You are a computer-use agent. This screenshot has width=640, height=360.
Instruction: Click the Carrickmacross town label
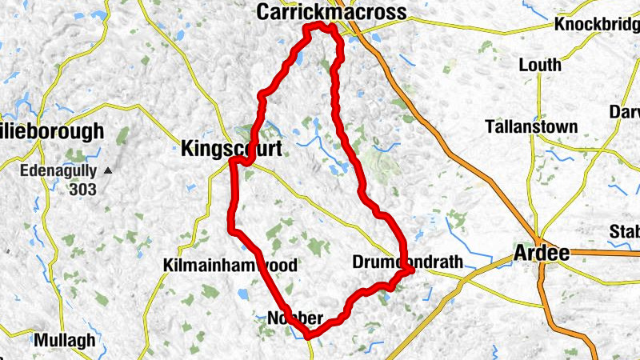(331, 11)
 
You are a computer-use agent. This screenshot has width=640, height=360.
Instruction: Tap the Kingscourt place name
(231, 148)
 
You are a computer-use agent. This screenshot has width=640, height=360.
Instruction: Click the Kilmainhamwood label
(230, 266)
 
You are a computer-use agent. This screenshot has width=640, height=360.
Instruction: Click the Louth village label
(540, 64)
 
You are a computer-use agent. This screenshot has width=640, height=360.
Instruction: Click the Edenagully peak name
(58, 170)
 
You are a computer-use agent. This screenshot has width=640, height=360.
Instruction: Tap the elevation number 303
(82, 190)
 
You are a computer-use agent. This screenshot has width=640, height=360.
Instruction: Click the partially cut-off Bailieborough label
(52, 130)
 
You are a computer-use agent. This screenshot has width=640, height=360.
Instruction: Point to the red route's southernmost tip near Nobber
(308, 336)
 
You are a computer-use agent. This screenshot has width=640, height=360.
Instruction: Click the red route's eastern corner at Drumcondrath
(410, 270)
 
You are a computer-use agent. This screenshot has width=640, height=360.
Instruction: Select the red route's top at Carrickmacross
(320, 26)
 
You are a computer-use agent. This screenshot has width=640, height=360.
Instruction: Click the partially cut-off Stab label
(624, 232)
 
